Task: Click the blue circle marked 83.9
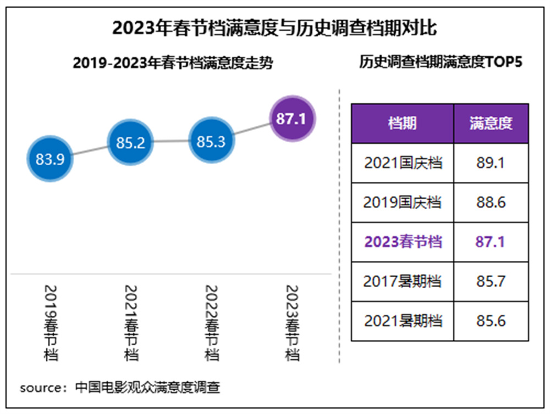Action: click(x=50, y=159)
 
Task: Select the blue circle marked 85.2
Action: click(x=130, y=143)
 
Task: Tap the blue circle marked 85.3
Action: click(x=211, y=142)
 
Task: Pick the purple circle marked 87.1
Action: click(x=291, y=118)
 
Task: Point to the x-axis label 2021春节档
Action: click(x=131, y=323)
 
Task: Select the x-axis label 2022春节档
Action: click(x=211, y=323)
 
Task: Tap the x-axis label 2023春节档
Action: click(x=292, y=323)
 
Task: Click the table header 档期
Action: click(x=402, y=124)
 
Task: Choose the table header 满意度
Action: click(x=491, y=124)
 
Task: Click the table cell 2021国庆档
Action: click(x=403, y=163)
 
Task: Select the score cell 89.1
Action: click(x=491, y=163)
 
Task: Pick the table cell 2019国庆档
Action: click(x=403, y=203)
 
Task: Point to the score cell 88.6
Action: click(x=491, y=203)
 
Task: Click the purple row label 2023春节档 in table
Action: click(x=403, y=242)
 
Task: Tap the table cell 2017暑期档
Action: click(x=403, y=282)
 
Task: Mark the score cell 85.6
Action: click(x=491, y=321)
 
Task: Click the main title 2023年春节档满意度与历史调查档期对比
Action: click(x=274, y=27)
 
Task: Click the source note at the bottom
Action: click(x=120, y=388)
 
